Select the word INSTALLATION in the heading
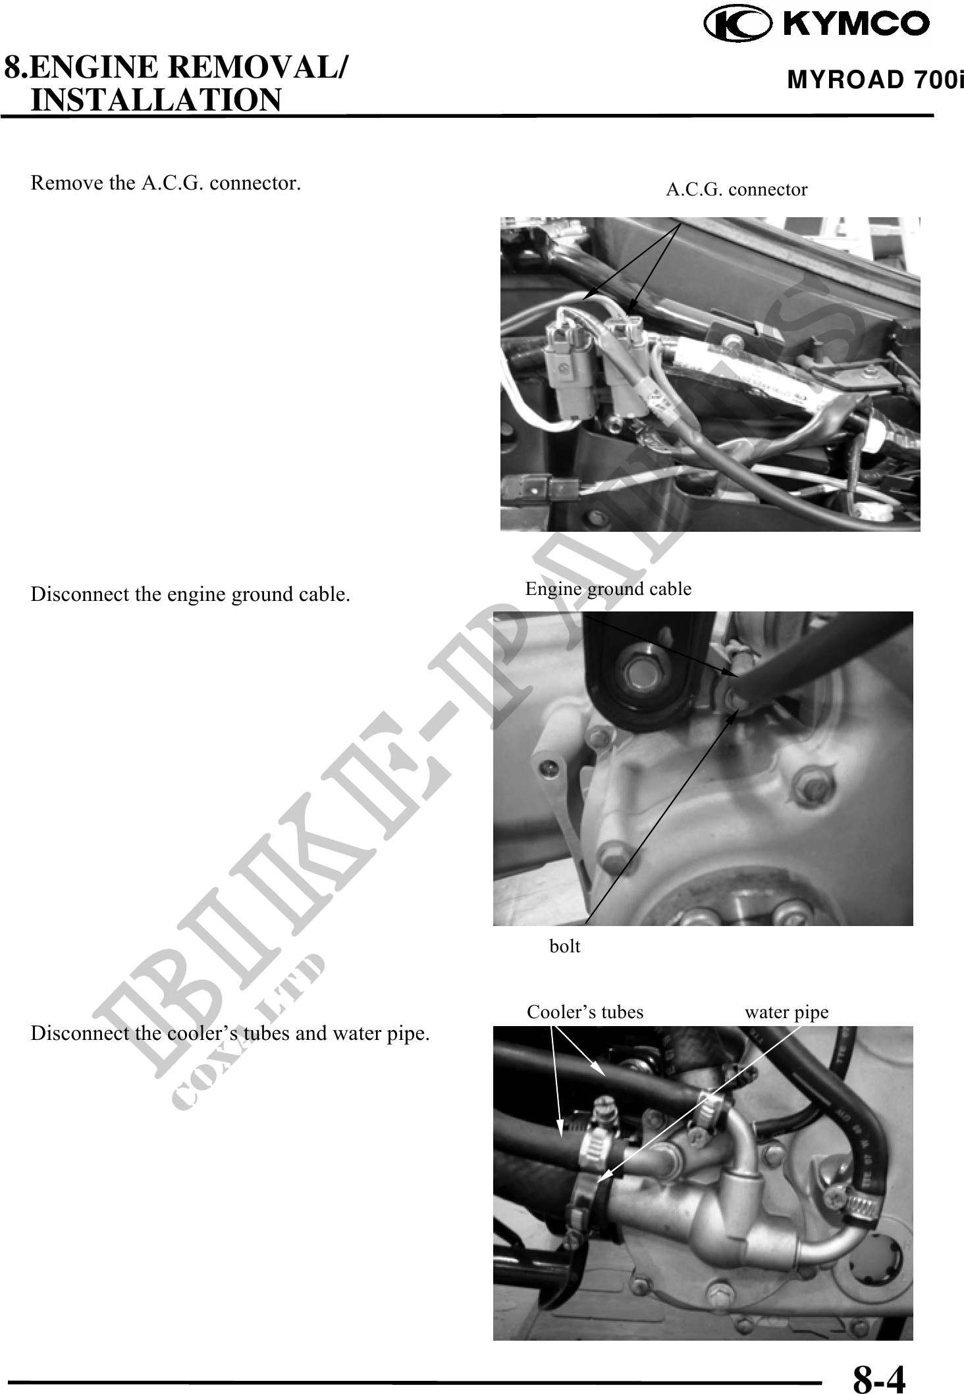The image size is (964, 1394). pos(156,100)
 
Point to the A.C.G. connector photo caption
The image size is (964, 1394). pos(736,190)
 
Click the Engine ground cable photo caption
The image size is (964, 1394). pos(608,588)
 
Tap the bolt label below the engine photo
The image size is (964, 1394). pos(565,946)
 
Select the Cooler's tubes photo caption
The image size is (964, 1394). pos(585,1012)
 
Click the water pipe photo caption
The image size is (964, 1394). pos(786,1012)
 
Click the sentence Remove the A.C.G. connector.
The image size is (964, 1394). pos(166,183)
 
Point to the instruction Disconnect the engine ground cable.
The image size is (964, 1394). pos(190,594)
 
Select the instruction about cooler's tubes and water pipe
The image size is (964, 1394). pos(230,1033)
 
